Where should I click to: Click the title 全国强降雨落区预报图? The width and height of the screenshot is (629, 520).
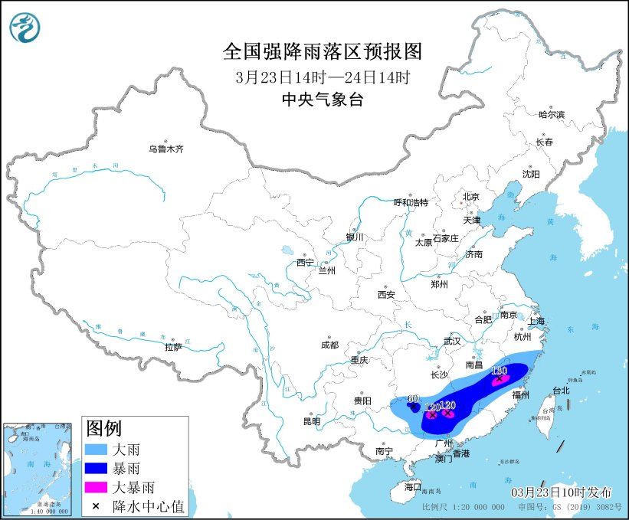pos(322,51)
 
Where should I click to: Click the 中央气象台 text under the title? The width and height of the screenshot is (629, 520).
pos(322,99)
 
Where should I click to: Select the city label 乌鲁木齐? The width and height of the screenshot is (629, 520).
pos(166,149)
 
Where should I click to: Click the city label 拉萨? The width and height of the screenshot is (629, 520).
pos(173,347)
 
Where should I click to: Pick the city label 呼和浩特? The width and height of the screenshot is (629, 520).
pos(411,202)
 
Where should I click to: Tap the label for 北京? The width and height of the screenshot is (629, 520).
pos(470,197)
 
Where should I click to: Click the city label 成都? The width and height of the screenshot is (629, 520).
pos(329,345)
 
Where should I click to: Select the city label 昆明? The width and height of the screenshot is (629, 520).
pos(311,420)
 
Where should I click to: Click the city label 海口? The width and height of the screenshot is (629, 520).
pos(413,486)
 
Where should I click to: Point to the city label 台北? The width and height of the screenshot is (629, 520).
pos(560,390)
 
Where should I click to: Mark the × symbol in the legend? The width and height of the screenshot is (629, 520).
pos(97,505)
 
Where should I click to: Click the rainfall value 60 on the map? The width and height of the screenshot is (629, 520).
pos(412,398)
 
